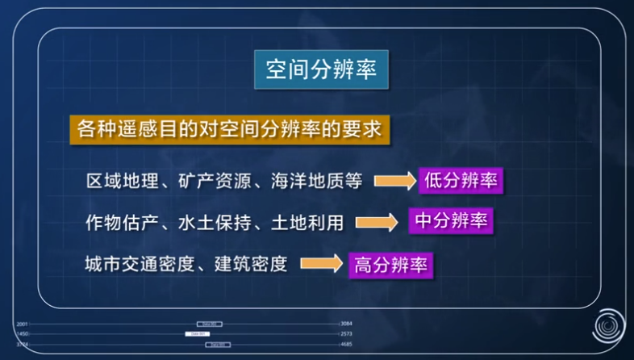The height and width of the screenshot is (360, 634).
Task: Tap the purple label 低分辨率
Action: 461,181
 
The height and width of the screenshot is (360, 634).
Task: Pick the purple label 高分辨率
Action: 390,263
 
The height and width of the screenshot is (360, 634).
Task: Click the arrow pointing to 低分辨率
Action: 393,181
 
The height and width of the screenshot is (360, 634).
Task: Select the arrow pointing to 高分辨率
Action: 321,264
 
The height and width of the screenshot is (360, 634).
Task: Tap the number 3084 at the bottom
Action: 347,324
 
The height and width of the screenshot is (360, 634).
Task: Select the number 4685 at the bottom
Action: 347,344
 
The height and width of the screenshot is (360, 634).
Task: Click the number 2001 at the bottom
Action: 22,324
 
